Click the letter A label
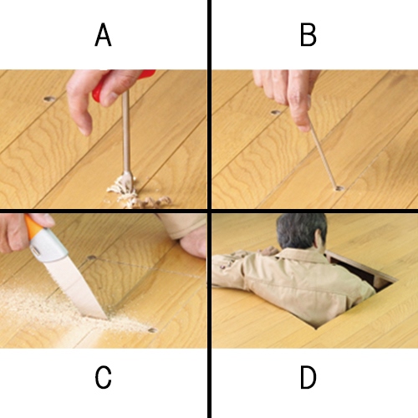pyautogui.click(x=103, y=35)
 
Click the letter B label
pyautogui.click(x=308, y=35)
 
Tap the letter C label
pyautogui.click(x=103, y=377)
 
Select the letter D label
pyautogui.click(x=308, y=377)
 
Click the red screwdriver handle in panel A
pyautogui.click(x=123, y=85)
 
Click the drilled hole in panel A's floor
pyautogui.click(x=49, y=99)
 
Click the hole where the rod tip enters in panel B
pyautogui.click(x=339, y=188)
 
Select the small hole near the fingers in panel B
pyautogui.click(x=276, y=112)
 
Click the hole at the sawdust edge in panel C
pyautogui.click(x=153, y=330)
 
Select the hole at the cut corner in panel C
pyautogui.click(x=91, y=257)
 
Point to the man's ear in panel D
pyautogui.click(x=318, y=240)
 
